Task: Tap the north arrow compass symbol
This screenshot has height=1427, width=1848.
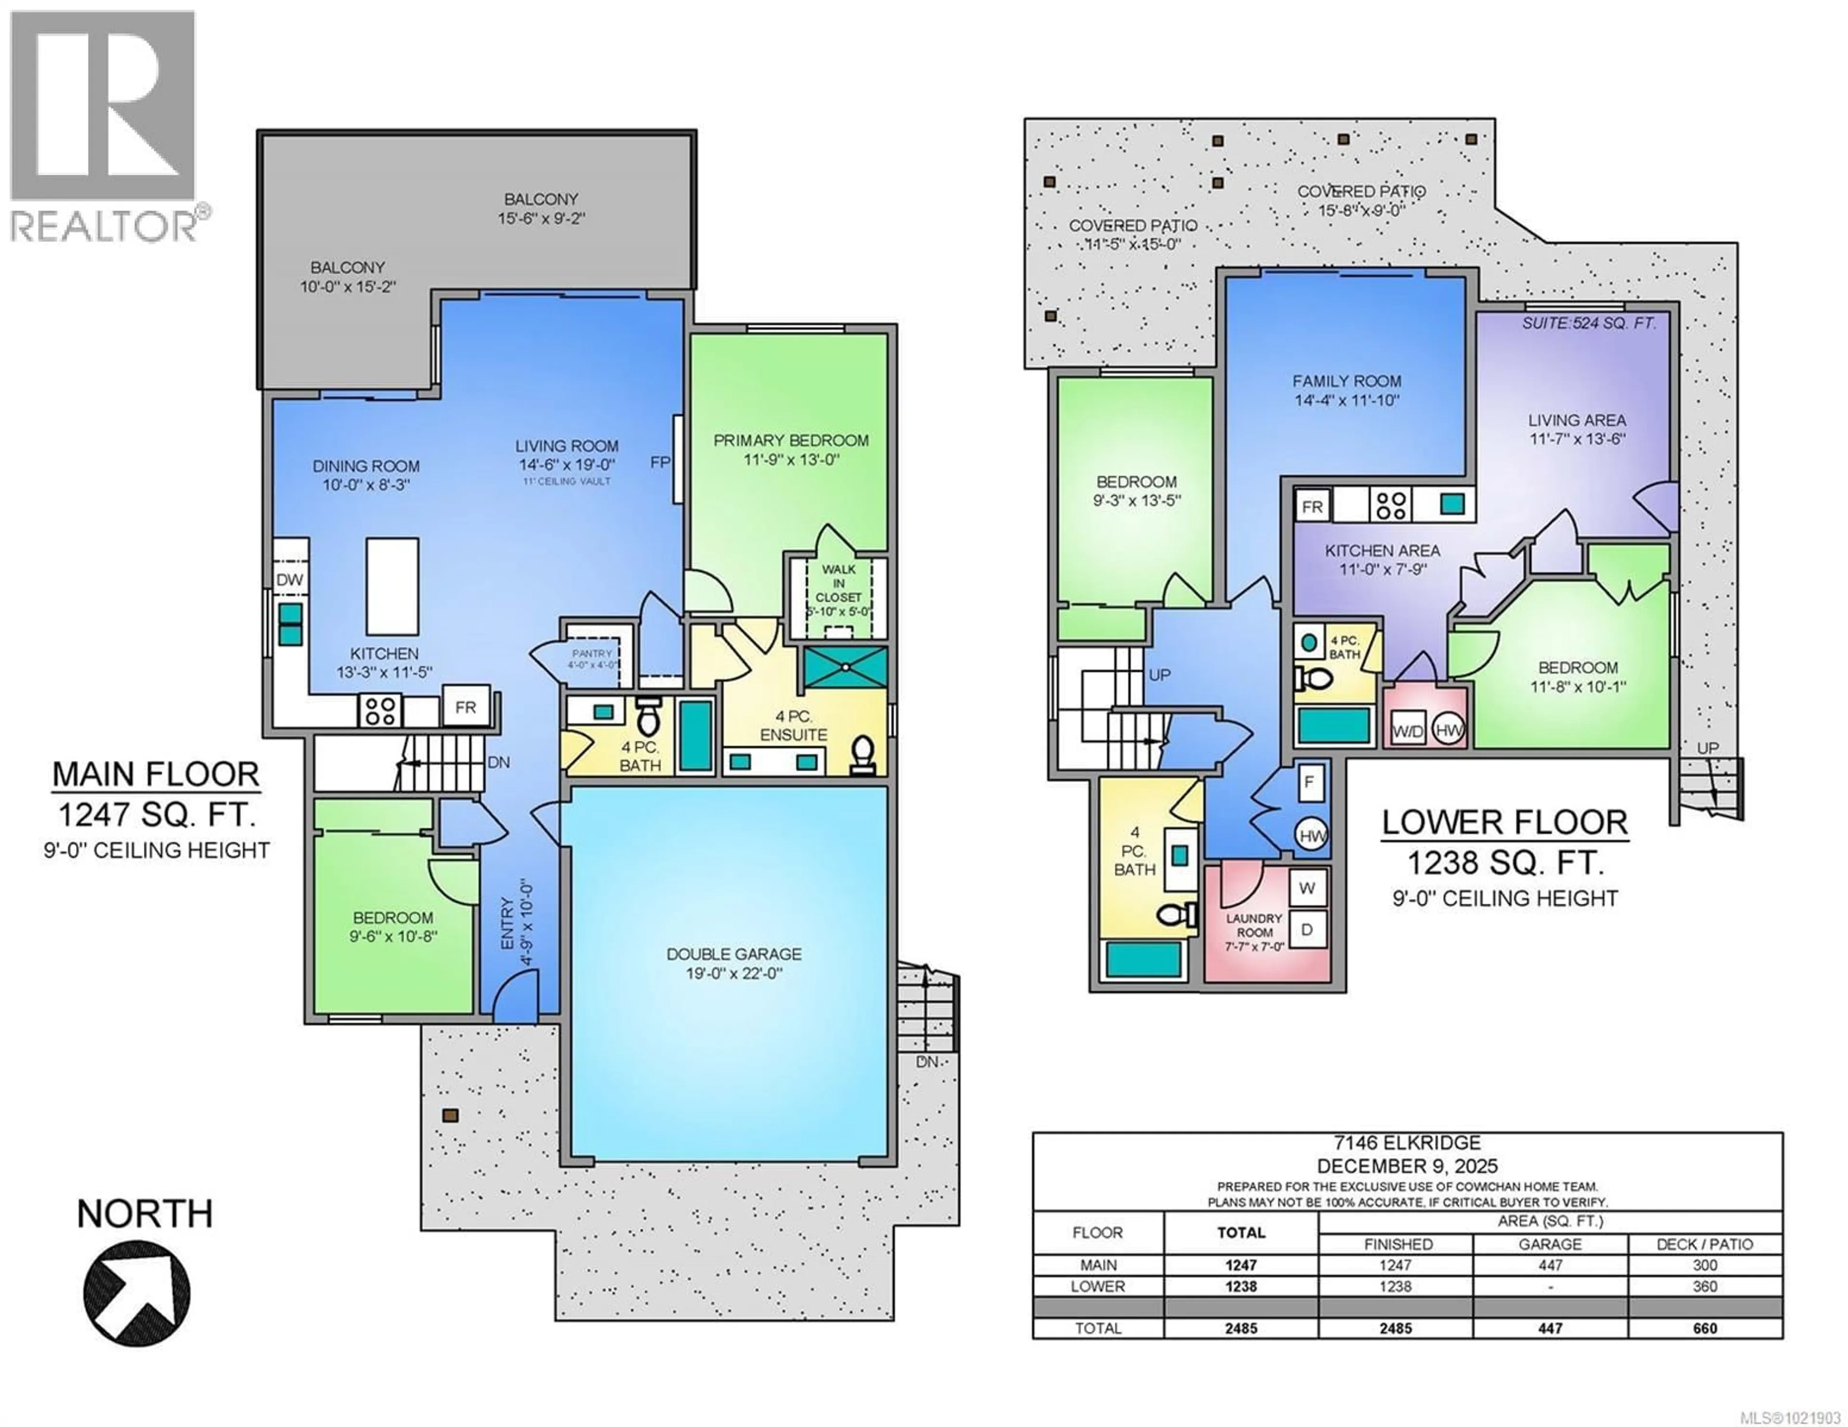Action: point(136,1292)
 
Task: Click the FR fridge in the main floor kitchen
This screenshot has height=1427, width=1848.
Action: point(465,707)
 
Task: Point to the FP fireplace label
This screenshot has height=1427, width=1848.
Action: point(660,462)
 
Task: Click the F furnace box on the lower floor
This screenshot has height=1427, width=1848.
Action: point(1309,783)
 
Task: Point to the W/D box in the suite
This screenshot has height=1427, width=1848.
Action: point(1408,732)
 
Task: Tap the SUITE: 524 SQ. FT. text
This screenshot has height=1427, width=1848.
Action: point(1588,323)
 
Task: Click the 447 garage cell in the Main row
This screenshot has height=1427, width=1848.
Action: point(1550,1265)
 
